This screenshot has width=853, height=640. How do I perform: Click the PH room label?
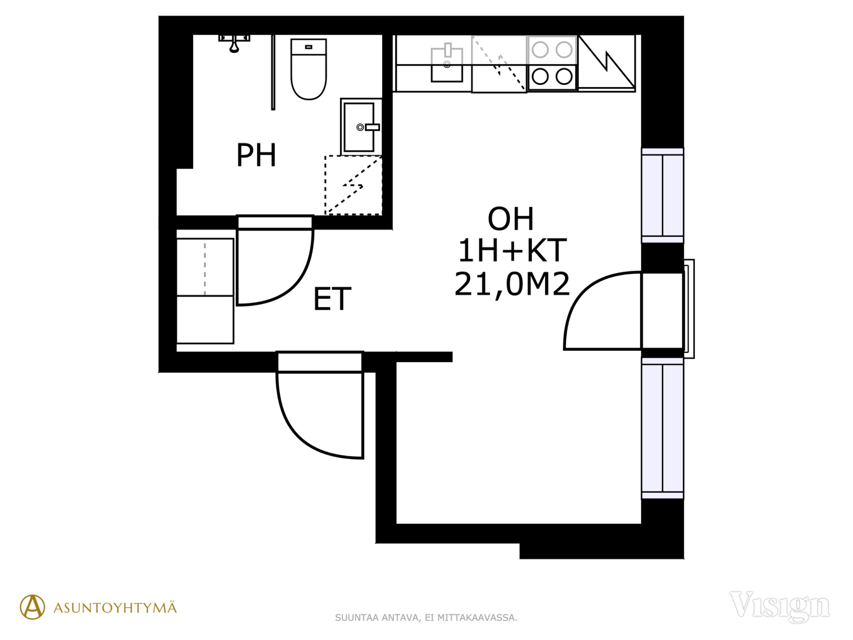click(x=256, y=155)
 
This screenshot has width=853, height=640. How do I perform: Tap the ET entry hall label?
click(x=332, y=299)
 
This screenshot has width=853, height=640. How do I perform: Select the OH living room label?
click(x=511, y=219)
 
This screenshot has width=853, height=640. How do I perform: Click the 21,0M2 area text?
click(x=512, y=284)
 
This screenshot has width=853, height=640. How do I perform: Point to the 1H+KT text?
click(x=512, y=250)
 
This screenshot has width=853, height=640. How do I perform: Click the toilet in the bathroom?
click(x=309, y=69)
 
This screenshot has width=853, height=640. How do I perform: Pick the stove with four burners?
click(x=552, y=64)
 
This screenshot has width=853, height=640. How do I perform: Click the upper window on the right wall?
click(x=662, y=196)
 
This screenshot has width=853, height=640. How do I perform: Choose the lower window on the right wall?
click(x=662, y=428)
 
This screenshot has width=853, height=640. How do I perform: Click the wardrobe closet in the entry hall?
click(x=205, y=291)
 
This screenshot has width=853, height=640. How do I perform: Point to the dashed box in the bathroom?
click(x=354, y=185)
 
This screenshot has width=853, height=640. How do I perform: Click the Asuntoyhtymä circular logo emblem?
click(x=32, y=607)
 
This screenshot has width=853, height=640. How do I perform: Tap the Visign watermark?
click(x=780, y=606)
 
